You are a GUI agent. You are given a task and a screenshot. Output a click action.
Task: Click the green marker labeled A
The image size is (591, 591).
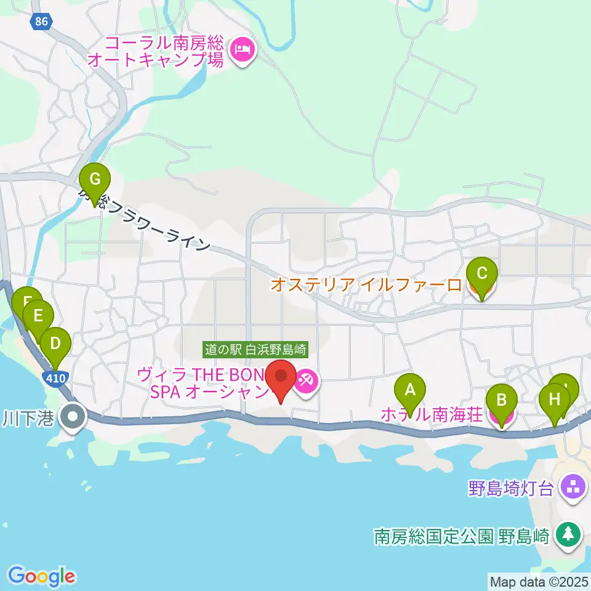coord(409,389)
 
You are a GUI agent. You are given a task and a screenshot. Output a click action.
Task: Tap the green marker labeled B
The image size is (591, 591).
coord(502,401)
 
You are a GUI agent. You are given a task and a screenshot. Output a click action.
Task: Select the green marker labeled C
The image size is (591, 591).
coord(482,272)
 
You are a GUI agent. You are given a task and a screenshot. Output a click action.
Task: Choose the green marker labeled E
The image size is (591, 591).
coord(38,316)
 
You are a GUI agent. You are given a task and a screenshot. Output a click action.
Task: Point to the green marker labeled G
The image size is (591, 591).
coord(95,180)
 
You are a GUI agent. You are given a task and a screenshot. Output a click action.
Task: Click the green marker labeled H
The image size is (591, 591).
coord(555,398)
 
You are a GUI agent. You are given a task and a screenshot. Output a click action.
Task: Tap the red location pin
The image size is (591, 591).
coord(281,377)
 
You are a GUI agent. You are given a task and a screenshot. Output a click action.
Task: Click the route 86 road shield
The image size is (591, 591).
coord(41,22)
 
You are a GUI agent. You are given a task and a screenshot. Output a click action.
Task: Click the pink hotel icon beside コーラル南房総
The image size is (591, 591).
coord(242,49)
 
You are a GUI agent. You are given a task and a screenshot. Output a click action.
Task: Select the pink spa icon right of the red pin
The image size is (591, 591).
coord(305,382)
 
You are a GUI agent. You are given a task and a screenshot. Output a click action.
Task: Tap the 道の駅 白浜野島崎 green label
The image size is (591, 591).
coord(255,350)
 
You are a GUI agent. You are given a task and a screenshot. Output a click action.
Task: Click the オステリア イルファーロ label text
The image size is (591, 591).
coord(366,285)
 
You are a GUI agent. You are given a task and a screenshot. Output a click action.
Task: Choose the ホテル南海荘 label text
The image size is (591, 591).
coord(431,414)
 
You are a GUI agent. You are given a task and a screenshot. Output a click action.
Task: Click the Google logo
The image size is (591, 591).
coord(42,576)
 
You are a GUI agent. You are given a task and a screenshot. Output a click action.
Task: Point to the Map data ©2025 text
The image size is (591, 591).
coord(539,581)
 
